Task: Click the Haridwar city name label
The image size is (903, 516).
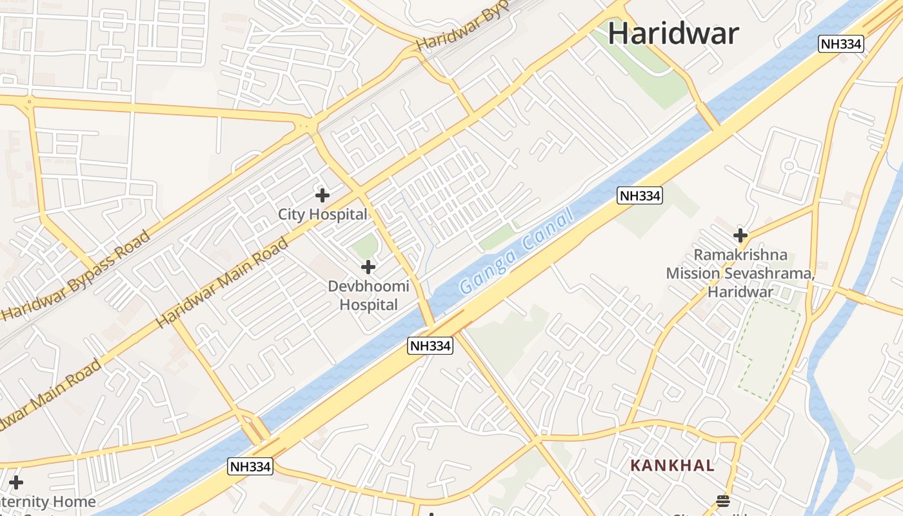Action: pos(673,33)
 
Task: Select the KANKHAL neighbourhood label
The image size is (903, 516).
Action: pos(672,465)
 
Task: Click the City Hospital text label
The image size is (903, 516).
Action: pos(322,214)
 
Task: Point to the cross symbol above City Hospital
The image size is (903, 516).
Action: pos(322,195)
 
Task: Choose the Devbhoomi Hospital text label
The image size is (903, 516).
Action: pos(368,295)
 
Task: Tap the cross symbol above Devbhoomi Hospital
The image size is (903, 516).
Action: pos(368,266)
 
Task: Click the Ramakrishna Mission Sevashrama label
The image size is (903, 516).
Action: pos(740,273)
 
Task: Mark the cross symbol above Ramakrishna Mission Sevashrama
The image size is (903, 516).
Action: pos(740,235)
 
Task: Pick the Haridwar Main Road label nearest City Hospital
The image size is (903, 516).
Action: pos(222,283)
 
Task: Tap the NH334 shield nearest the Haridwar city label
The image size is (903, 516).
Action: pos(840,44)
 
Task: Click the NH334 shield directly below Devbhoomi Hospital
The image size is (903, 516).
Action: pos(431,346)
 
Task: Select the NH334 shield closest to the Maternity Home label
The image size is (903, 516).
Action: pos(250,466)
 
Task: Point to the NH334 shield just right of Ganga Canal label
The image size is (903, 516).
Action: pos(639,196)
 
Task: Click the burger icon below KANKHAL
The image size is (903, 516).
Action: pos(722,501)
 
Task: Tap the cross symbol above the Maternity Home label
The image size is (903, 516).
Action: pos(15,482)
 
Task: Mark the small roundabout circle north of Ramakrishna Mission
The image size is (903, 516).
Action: pos(788,166)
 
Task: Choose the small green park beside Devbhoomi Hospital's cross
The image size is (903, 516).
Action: pos(365,246)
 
